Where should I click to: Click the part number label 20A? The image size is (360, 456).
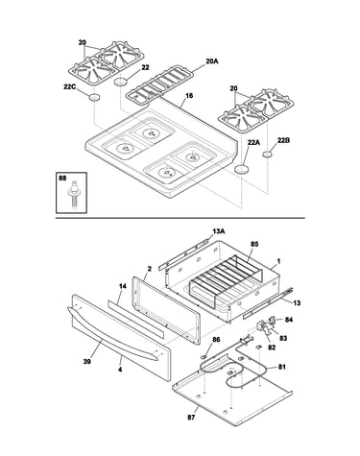pyautogui.click(x=212, y=61)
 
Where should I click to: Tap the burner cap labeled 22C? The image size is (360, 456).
pyautogui.click(x=94, y=97)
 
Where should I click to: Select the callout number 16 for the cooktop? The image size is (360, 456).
pyautogui.click(x=189, y=95)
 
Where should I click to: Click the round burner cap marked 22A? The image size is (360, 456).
pyautogui.click(x=242, y=169)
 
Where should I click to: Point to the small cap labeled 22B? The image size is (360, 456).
pyautogui.click(x=268, y=155)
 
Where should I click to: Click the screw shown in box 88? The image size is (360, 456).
pyautogui.click(x=73, y=194)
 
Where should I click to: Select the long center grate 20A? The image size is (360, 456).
pyautogui.click(x=159, y=85)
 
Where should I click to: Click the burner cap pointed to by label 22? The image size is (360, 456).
pyautogui.click(x=121, y=82)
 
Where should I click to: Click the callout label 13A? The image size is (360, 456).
pyautogui.click(x=219, y=231)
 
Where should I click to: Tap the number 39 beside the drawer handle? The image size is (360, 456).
pyautogui.click(x=86, y=361)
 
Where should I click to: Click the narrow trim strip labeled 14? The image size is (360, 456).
pyautogui.click(x=135, y=319)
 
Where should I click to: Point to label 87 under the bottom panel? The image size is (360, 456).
pyautogui.click(x=191, y=417)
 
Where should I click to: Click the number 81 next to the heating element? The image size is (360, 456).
pyautogui.click(x=281, y=367)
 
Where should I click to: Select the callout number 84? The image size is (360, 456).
pyautogui.click(x=289, y=320)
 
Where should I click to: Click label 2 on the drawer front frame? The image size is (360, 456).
pyautogui.click(x=150, y=269)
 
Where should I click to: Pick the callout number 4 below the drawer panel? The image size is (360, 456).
pyautogui.click(x=120, y=370)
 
